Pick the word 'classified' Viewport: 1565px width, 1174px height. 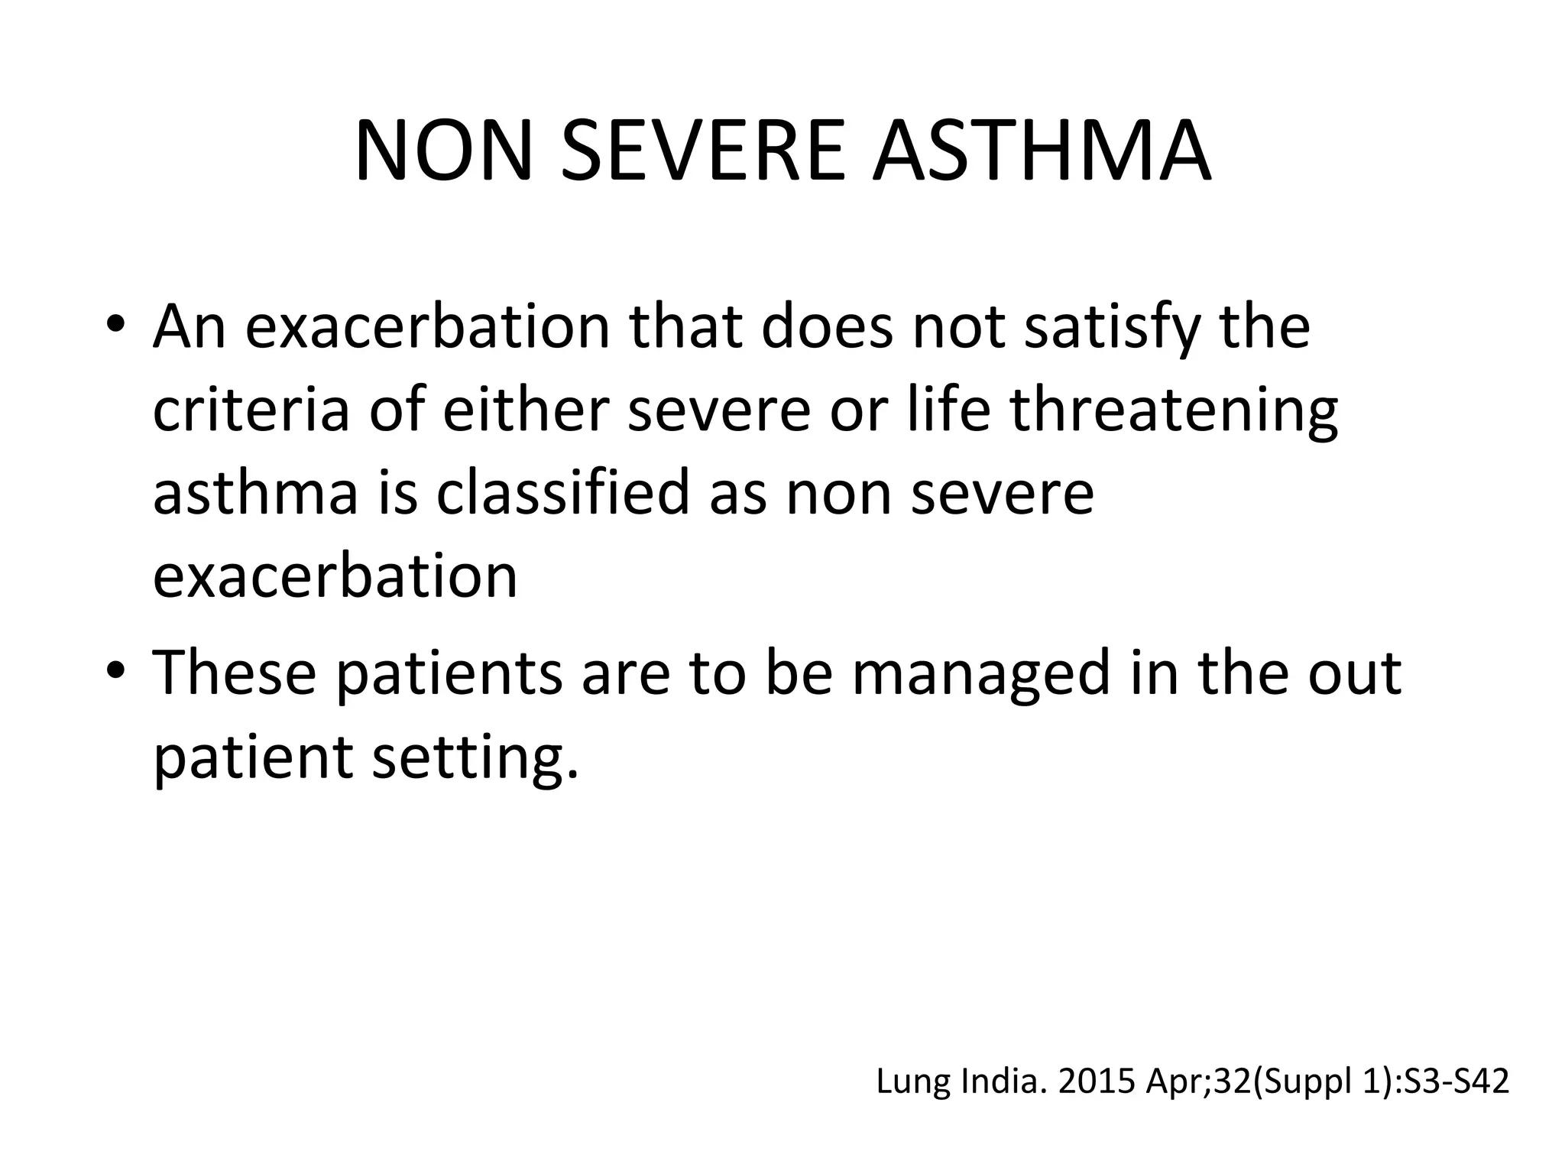(x=562, y=493)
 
